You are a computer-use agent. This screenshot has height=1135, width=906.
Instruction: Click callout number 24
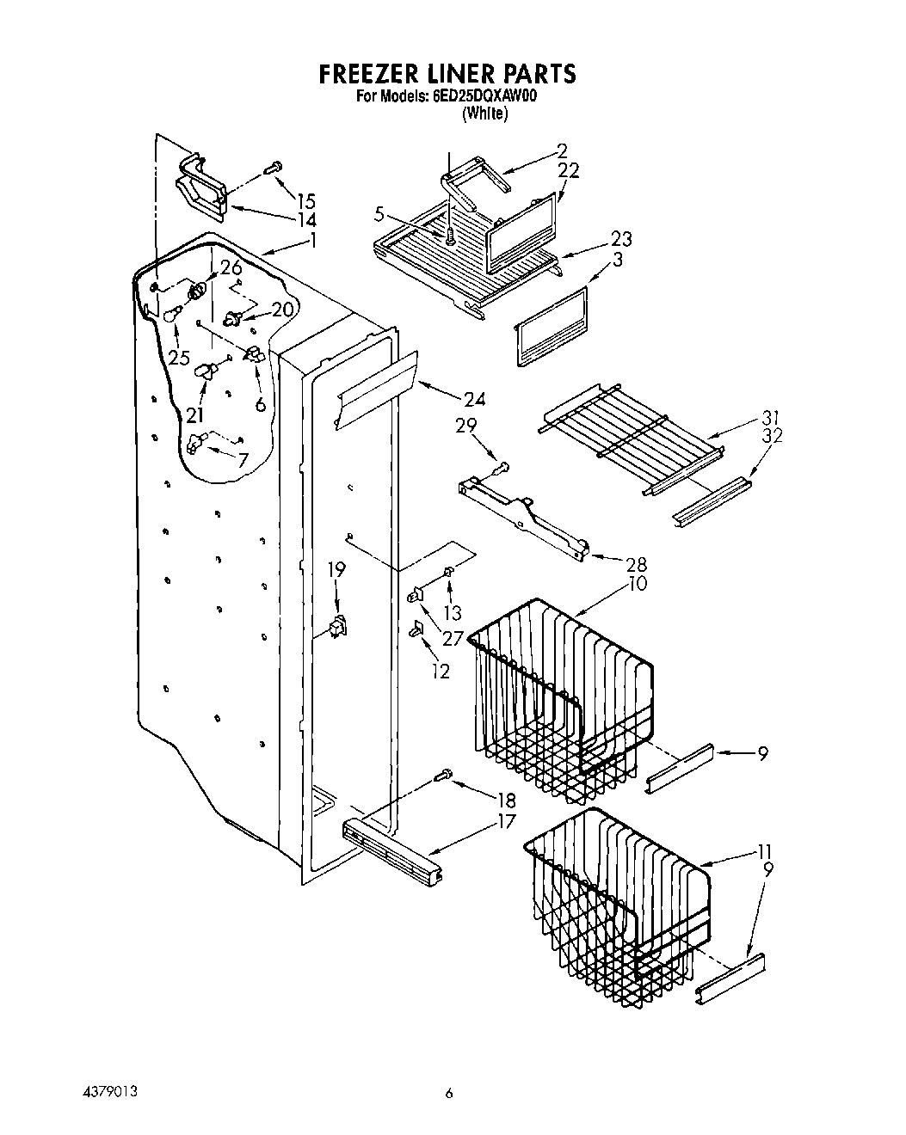[474, 398]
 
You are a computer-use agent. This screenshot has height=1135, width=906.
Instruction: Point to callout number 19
[336, 569]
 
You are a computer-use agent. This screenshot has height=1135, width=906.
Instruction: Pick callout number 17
[506, 821]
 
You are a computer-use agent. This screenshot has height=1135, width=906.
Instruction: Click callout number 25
[179, 357]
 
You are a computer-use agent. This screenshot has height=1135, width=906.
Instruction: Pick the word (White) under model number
[484, 113]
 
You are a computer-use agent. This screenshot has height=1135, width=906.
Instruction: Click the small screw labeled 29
[503, 467]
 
